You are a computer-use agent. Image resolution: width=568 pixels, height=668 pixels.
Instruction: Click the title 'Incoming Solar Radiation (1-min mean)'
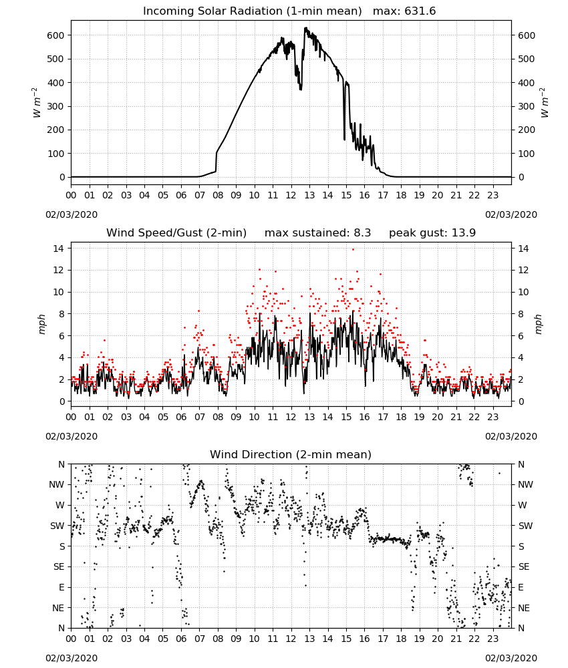252,11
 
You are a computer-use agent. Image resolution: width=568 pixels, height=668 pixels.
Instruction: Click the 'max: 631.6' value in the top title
404,11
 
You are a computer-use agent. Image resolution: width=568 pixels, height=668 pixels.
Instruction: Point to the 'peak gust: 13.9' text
432,233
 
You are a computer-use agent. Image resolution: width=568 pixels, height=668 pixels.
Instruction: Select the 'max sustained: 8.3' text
317,233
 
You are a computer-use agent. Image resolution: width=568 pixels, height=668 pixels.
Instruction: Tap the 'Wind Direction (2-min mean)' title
291,454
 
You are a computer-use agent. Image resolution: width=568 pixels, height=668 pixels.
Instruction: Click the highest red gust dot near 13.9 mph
353,250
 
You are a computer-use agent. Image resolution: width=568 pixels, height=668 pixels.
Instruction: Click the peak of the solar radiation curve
305,28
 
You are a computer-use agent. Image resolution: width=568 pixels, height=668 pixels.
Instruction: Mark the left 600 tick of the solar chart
56,35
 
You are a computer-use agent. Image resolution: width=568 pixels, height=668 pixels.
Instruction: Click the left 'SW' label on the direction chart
57,526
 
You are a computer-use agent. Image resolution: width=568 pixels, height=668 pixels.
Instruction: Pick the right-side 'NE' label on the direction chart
524,609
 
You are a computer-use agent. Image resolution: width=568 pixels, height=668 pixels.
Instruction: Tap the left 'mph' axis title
41,324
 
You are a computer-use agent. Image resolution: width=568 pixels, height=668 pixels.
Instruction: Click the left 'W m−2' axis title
37,103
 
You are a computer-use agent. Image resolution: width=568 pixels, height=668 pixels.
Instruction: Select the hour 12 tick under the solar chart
291,196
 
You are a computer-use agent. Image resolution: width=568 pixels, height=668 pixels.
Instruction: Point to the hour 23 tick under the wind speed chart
492,417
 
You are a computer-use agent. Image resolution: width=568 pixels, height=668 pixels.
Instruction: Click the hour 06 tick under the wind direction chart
181,639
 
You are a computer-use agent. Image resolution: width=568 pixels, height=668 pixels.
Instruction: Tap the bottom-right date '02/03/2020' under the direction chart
511,658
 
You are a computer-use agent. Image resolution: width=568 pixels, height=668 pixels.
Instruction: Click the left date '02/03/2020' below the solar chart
72,214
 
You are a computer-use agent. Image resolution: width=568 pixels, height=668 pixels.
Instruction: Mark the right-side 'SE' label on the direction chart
524,567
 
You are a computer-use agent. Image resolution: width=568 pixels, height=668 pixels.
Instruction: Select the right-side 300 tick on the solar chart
527,106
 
